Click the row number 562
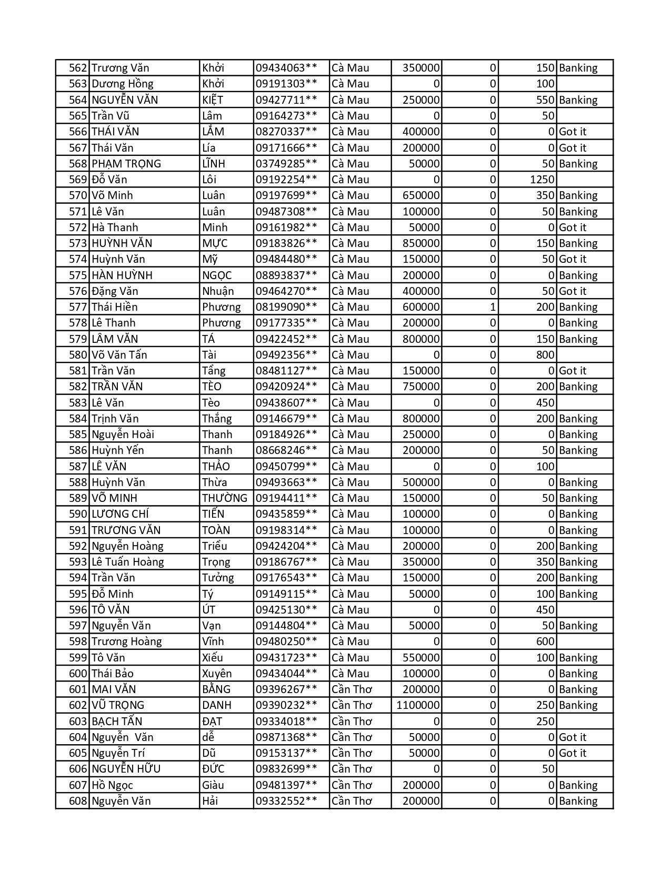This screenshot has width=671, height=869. [78, 68]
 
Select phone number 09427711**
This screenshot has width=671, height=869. [286, 100]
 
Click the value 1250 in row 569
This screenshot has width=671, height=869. [542, 180]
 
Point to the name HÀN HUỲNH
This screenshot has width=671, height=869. [122, 275]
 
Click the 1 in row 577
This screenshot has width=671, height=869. [493, 307]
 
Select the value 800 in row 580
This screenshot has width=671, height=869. [545, 355]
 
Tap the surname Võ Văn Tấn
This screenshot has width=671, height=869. [119, 355]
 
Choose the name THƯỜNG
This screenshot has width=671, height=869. [225, 498]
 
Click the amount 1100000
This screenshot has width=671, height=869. [418, 705]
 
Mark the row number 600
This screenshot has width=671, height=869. [78, 674]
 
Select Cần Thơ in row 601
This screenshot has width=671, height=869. [352, 689]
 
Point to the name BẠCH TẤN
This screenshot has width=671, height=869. [117, 722]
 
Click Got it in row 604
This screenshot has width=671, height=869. [573, 737]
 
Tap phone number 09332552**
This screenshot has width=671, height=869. [286, 801]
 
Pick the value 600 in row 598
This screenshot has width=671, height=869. [545, 641]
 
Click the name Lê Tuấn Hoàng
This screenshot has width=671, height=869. [128, 562]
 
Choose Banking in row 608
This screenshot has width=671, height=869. [578, 801]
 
